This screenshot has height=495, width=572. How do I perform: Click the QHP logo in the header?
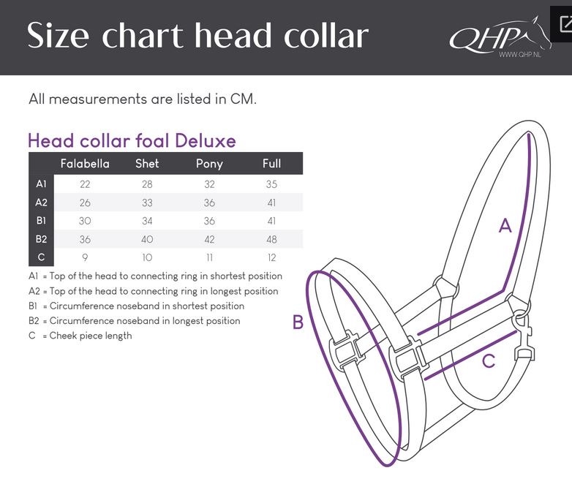tap(500, 37)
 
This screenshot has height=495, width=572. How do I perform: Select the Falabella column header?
tap(85, 164)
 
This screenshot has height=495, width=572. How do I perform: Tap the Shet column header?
tap(147, 164)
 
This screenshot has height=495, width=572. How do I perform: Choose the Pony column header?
tap(209, 164)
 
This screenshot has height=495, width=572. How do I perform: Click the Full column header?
tap(272, 164)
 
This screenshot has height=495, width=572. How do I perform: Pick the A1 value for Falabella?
tap(85, 184)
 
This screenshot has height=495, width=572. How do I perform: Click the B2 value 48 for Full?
tap(272, 239)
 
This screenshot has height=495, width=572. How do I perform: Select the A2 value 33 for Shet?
tap(147, 203)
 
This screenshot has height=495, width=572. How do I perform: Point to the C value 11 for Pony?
tap(209, 258)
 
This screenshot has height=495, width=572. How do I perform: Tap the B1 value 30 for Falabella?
tap(85, 221)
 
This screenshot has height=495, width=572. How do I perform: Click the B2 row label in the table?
tap(41, 239)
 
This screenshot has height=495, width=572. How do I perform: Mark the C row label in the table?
tap(41, 257)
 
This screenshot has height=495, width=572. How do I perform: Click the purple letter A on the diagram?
tap(505, 226)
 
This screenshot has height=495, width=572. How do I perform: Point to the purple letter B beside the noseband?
tap(298, 322)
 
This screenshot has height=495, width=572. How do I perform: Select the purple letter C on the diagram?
tap(489, 361)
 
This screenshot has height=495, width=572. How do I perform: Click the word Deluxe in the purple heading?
tap(206, 141)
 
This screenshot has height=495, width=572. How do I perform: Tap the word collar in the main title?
tap(326, 36)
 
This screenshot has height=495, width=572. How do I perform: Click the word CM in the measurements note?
tap(244, 99)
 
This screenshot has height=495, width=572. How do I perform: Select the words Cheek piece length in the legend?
tap(91, 336)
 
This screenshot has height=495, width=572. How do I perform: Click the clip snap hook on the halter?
tap(524, 336)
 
